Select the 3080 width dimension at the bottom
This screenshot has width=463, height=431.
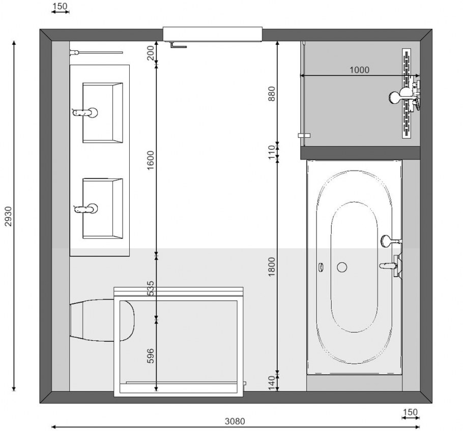pyautogui.click(x=235, y=421)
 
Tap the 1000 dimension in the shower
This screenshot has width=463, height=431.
pyautogui.click(x=359, y=70)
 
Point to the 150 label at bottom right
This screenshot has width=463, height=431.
pyautogui.click(x=410, y=412)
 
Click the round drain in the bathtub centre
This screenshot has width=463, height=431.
pyautogui.click(x=342, y=266)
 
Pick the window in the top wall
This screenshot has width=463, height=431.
pyautogui.click(x=212, y=34)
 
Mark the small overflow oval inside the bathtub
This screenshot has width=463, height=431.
pyautogui.click(x=321, y=266)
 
